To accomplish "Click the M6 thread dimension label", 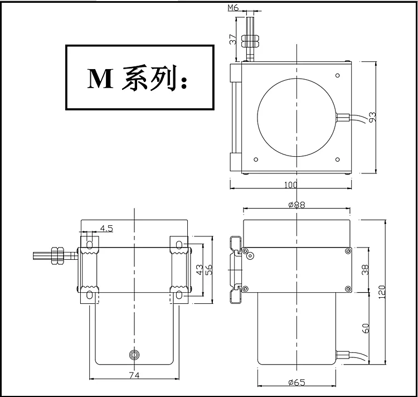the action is pyautogui.click(x=233, y=8).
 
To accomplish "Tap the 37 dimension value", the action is pyautogui.click(x=233, y=39).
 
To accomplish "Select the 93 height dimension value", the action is pyautogui.click(x=372, y=117).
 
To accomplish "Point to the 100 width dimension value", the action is pyautogui.click(x=290, y=185).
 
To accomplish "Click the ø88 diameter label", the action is pyautogui.click(x=297, y=205).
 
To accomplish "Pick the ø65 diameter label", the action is pyautogui.click(x=297, y=383).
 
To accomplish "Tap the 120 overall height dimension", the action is pyautogui.click(x=382, y=292).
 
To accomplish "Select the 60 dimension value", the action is pyautogui.click(x=366, y=328).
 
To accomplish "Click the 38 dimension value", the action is pyautogui.click(x=366, y=269).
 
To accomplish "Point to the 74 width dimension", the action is pyautogui.click(x=134, y=375).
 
